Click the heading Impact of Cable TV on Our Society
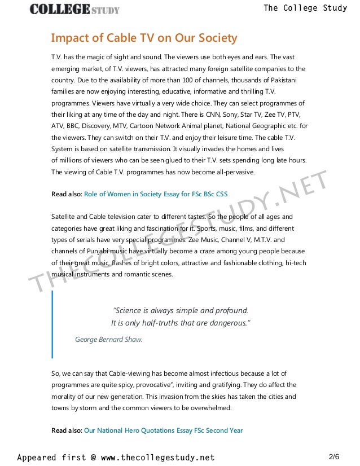click(x=144, y=38)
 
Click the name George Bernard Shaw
click(x=108, y=340)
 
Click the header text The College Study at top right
click(x=305, y=8)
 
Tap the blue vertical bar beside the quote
click(x=52, y=324)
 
